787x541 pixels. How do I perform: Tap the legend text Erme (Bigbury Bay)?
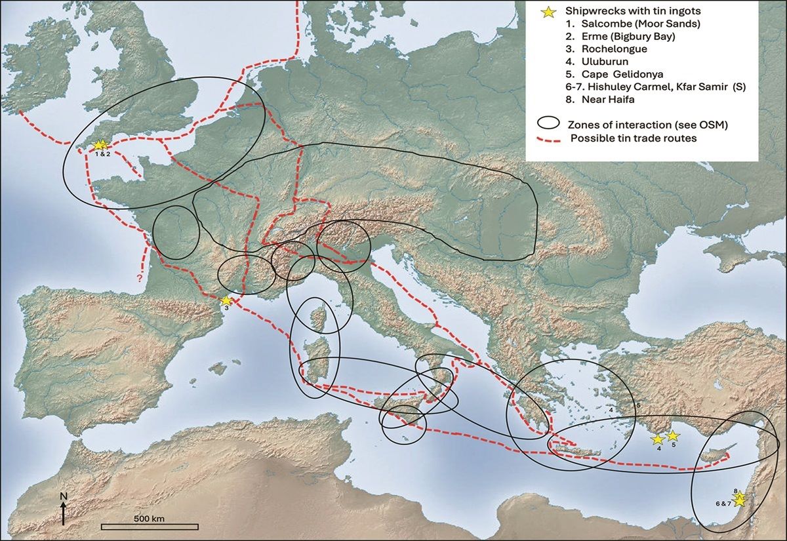[x=613, y=37]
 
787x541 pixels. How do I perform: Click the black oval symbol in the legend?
[x=548, y=123]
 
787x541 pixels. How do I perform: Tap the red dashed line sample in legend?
[x=548, y=138]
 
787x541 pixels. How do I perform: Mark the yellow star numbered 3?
[x=226, y=300]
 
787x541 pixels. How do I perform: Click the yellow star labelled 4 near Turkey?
[x=658, y=439]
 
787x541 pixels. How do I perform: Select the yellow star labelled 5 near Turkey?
[x=672, y=435]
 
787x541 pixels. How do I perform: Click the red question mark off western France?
[x=140, y=279]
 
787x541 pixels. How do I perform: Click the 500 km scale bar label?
[x=149, y=518]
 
